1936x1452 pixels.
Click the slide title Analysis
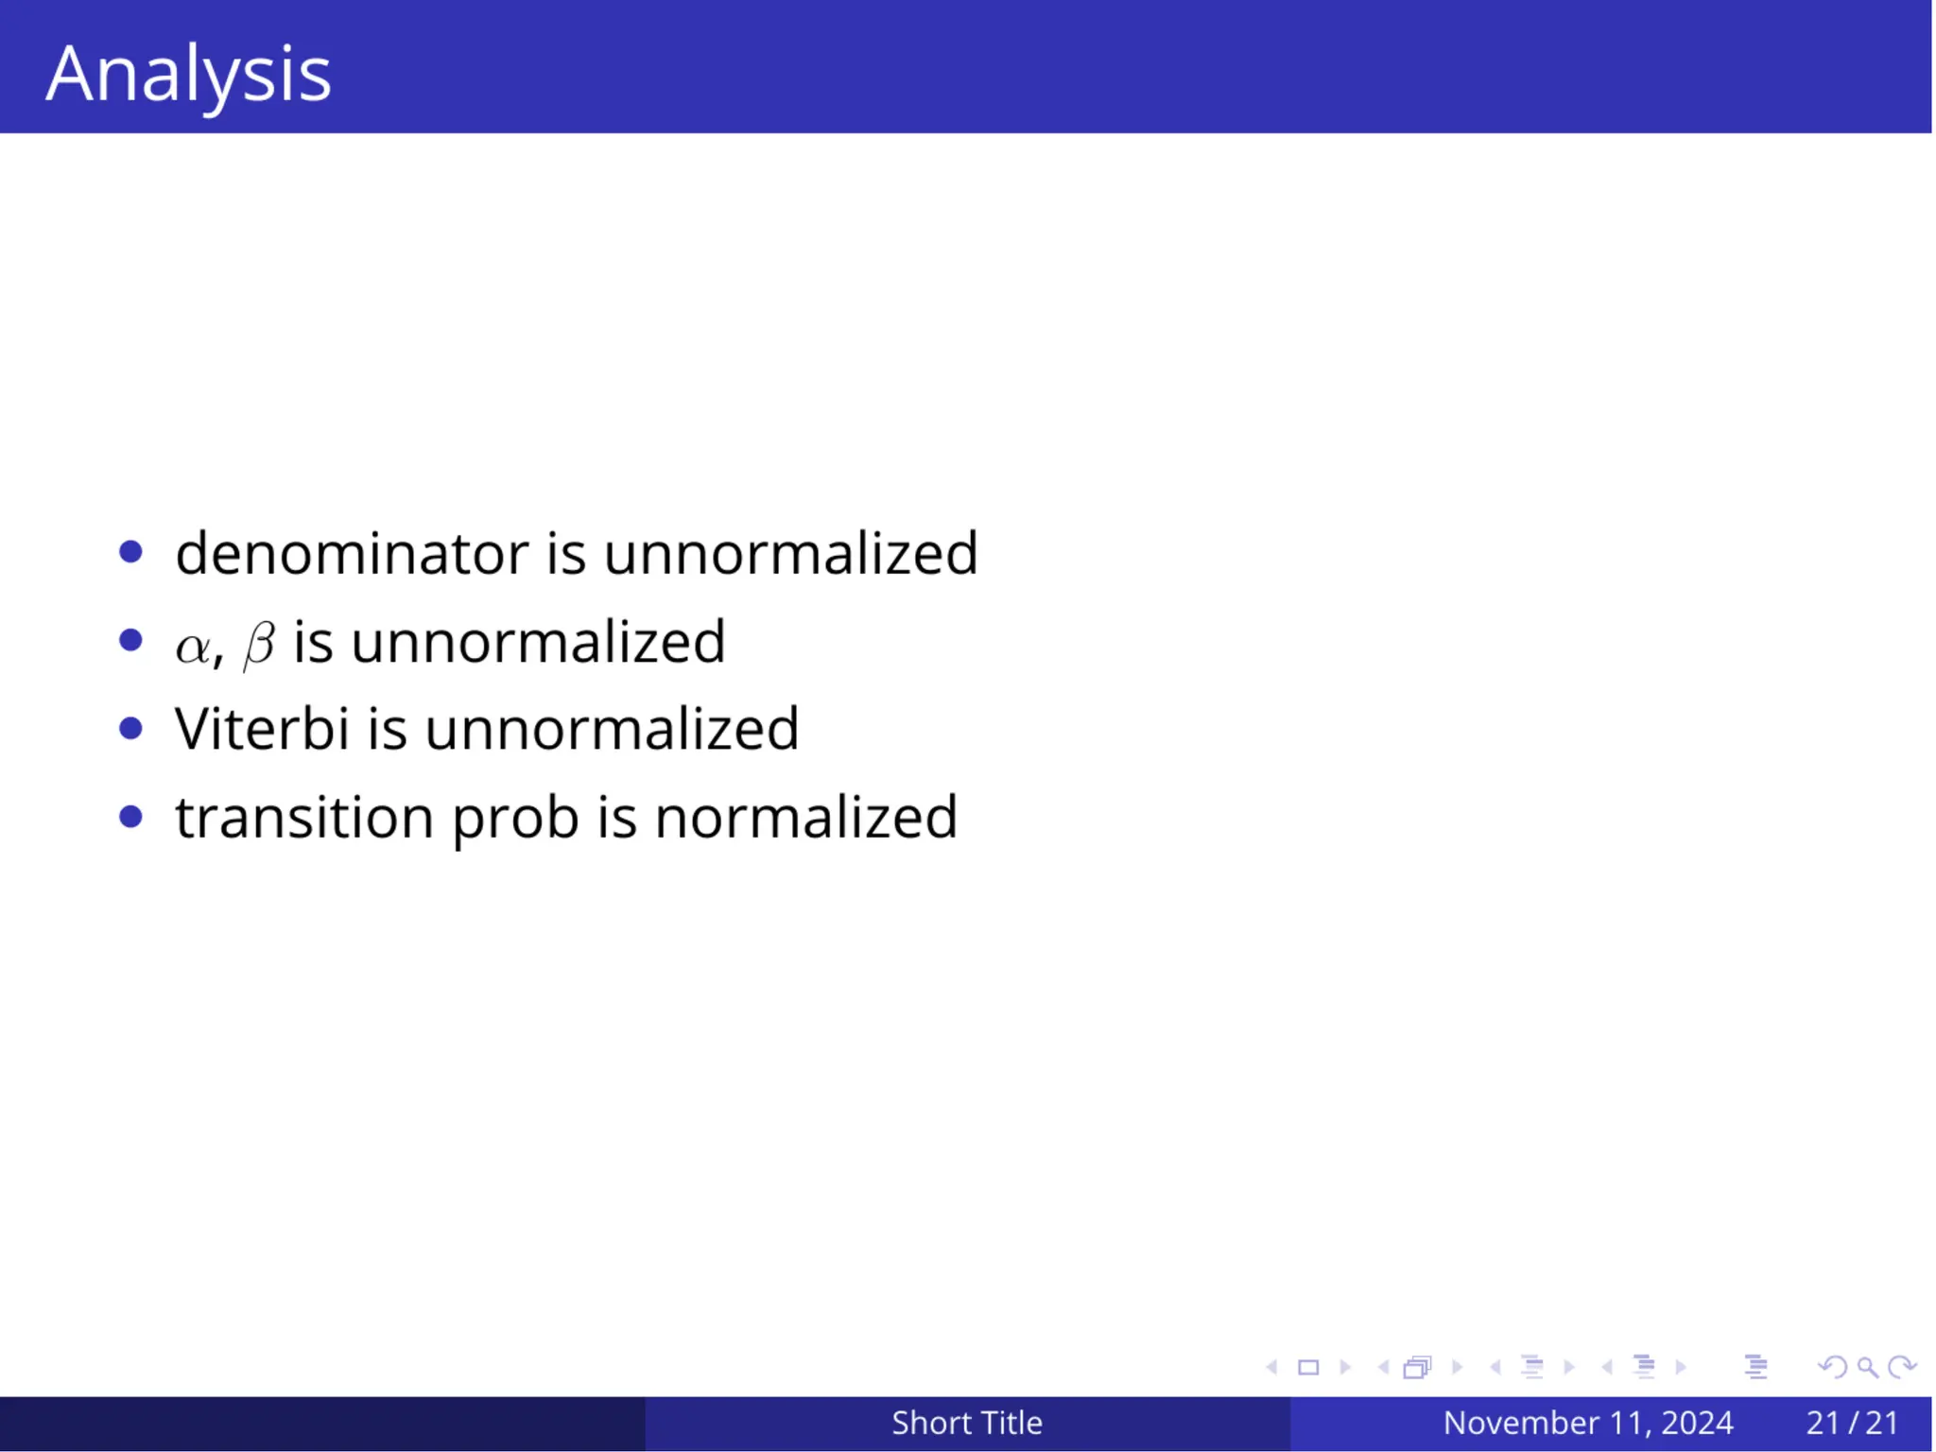(188, 75)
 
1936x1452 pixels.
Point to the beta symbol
(259, 645)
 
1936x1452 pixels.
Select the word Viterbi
(262, 730)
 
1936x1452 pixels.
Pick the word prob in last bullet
(515, 820)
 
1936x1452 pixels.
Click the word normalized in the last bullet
(805, 818)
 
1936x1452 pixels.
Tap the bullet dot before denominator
(131, 552)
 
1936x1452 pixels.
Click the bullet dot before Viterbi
(131, 729)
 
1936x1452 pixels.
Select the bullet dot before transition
(131, 817)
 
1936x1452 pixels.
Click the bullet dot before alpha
(131, 641)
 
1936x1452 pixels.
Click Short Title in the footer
(966, 1423)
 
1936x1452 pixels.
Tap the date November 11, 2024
(1587, 1423)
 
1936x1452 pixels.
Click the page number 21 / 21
(1852, 1423)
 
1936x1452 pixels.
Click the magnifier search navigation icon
(1867, 1367)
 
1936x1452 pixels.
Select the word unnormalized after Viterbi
(612, 730)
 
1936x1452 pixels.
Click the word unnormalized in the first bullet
(790, 553)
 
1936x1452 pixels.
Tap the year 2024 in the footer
(1697, 1423)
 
